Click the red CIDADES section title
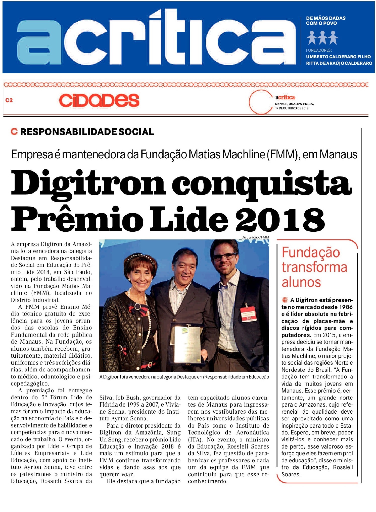point(99,100)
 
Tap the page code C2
point(9,100)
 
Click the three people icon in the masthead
point(322,38)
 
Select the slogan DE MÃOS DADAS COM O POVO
point(325,21)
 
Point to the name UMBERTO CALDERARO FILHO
point(338,57)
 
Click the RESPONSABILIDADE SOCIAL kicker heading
point(87,132)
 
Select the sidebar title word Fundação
point(311,252)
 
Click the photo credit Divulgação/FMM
point(255,237)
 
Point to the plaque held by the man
point(187,344)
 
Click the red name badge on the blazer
point(248,314)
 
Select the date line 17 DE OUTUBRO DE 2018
point(292,108)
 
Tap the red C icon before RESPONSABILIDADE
point(14,132)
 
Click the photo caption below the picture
point(184,377)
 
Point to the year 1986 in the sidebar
point(346,307)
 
